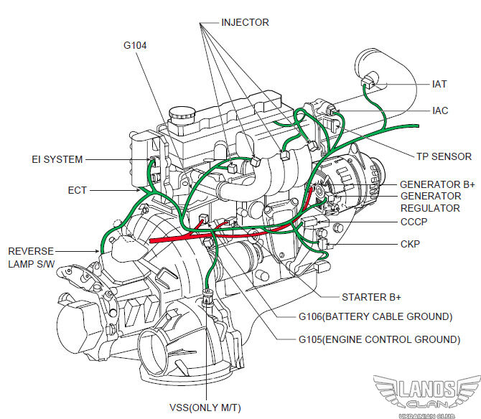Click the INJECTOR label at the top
tap(245, 22)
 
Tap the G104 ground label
tap(135, 45)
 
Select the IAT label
tap(439, 84)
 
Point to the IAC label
tap(440, 110)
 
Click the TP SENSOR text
tap(444, 156)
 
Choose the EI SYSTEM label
tap(57, 159)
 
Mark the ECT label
tap(78, 190)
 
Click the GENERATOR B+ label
tap(437, 184)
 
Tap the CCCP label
tap(414, 222)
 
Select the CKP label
tap(410, 244)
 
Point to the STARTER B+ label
tap(371, 297)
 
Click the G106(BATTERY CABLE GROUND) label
tap(375, 316)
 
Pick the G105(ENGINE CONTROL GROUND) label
tap(379, 339)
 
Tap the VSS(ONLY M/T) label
tap(205, 408)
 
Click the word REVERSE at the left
tap(31, 251)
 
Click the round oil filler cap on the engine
tap(182, 113)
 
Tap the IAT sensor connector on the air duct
tap(368, 81)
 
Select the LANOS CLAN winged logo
tap(426, 395)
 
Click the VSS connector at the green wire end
tap(208, 297)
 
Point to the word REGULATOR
tap(430, 208)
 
